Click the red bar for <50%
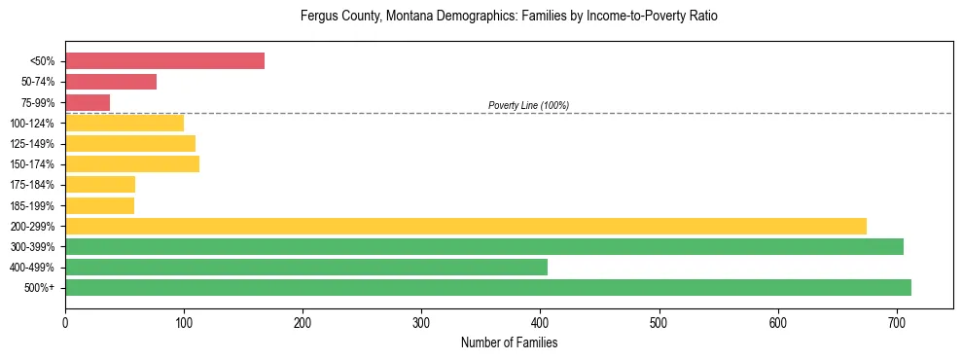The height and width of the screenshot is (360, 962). (164, 61)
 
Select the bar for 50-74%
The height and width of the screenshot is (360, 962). (111, 82)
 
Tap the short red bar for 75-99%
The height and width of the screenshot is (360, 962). (88, 102)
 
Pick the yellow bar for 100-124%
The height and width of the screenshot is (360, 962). (125, 123)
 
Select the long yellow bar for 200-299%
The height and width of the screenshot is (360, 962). (465, 226)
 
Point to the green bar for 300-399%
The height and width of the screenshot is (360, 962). (483, 246)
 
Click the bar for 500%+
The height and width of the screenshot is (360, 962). (487, 287)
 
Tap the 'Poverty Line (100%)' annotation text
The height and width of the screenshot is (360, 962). (528, 105)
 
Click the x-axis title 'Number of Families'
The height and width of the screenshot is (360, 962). (509, 342)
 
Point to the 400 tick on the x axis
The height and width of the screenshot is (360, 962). (541, 319)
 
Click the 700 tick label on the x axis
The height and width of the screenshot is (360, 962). (897, 319)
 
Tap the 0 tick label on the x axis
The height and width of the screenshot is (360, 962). (65, 319)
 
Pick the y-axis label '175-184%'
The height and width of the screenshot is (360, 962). (33, 185)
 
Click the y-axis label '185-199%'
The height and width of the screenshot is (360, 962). (33, 205)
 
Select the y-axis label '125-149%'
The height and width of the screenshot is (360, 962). (33, 144)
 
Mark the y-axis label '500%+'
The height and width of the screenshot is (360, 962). (39, 288)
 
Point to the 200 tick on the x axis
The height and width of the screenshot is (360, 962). (303, 319)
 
